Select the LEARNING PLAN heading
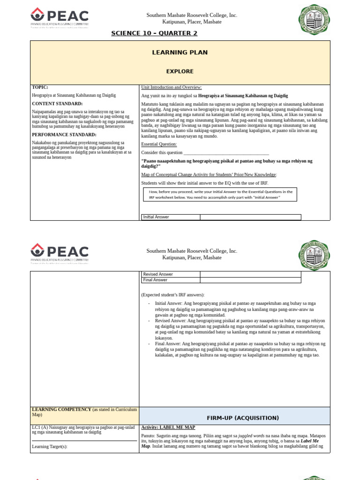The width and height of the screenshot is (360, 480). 180,52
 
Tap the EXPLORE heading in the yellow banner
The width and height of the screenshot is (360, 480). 180,71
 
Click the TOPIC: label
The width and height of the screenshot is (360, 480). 40,87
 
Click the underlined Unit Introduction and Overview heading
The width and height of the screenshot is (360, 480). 171,87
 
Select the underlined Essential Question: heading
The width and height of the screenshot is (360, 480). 159,144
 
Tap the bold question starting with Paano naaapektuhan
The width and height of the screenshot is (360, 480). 226,164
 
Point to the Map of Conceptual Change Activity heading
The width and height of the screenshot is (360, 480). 209,175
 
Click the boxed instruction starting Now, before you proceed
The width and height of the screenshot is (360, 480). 220,195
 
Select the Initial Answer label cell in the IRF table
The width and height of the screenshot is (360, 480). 170,217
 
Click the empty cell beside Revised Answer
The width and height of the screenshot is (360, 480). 250,274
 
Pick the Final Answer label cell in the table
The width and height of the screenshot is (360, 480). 170,280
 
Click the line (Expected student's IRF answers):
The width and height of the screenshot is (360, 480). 172,295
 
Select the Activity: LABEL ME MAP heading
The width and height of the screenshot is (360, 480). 168,427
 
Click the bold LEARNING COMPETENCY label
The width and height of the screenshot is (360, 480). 61,410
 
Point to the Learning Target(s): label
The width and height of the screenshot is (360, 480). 50,447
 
